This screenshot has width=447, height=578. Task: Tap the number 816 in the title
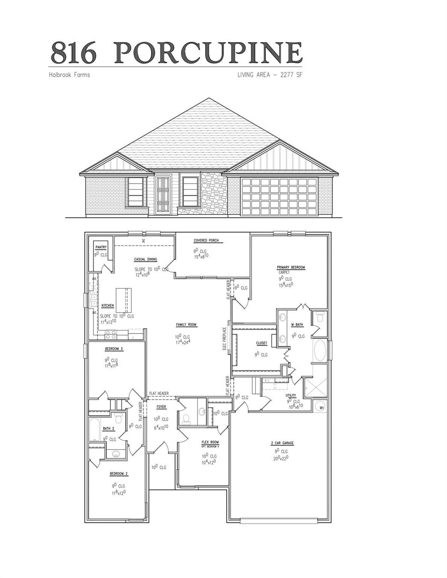tap(74, 53)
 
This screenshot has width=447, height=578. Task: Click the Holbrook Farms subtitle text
tap(69, 75)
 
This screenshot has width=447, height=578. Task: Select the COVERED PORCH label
tap(206, 241)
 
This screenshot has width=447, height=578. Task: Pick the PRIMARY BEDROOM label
tap(291, 267)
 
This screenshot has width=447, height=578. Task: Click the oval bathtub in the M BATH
tap(320, 350)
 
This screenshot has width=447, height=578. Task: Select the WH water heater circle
tap(321, 407)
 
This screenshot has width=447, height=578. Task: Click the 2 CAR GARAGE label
tap(282, 443)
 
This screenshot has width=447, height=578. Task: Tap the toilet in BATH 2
tap(118, 419)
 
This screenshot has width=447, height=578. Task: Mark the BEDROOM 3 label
tap(114, 349)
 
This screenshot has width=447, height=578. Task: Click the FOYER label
tap(161, 407)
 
